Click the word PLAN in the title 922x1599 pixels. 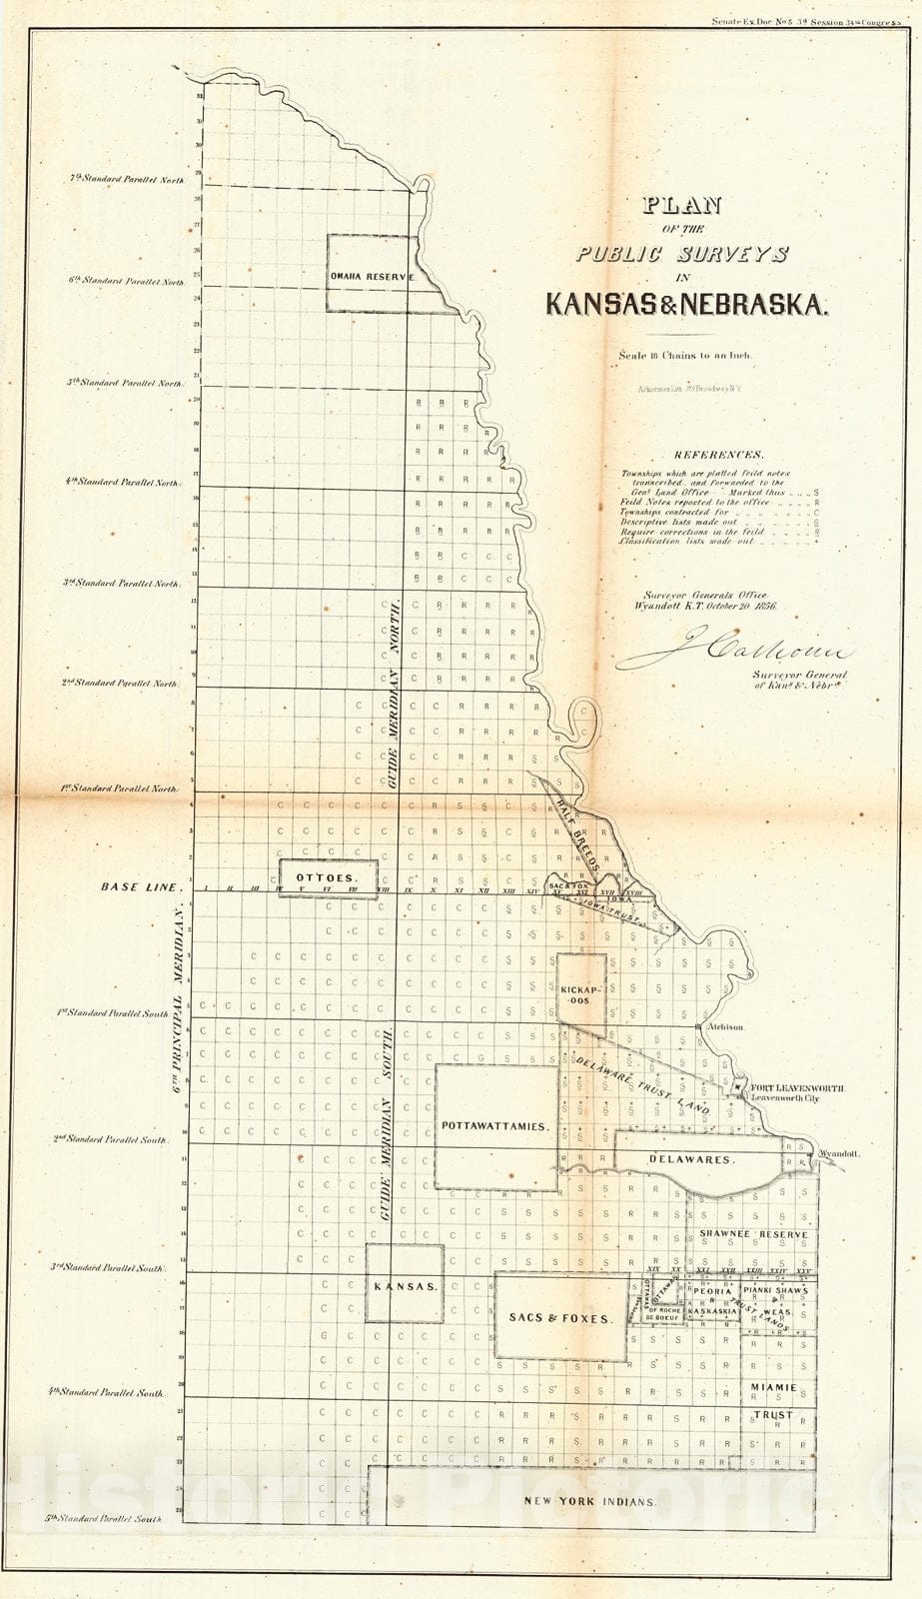682,207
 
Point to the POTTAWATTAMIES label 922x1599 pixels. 495,1126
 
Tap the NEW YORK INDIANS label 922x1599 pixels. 590,1502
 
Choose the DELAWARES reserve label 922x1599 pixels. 691,1160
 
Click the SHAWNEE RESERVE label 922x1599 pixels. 753,1234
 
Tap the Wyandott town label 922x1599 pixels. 838,1153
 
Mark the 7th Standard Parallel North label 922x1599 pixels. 127,180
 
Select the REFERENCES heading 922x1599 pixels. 718,455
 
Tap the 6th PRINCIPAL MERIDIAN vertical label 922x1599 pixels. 180,999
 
